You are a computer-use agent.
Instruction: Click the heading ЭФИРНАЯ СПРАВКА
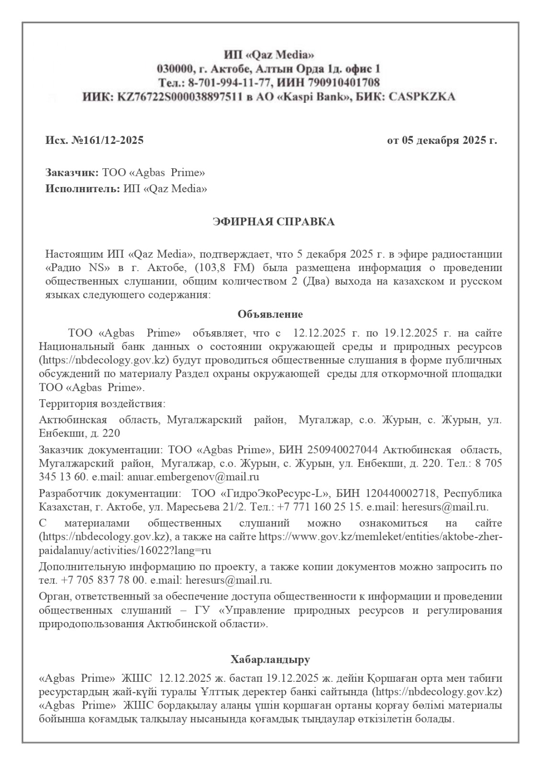click(x=273, y=222)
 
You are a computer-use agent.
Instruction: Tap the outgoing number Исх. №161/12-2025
click(x=95, y=141)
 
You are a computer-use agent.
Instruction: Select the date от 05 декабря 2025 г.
click(x=442, y=141)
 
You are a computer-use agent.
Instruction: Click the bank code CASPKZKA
click(x=423, y=97)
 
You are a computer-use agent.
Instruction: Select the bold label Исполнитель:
click(x=82, y=188)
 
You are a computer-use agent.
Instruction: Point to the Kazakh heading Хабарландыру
click(x=270, y=660)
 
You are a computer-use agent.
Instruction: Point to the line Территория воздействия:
click(x=102, y=404)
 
